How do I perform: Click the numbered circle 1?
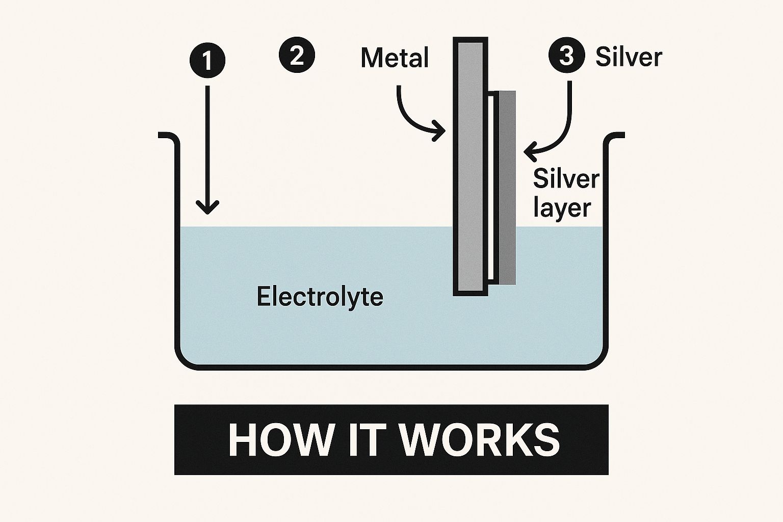tap(207, 61)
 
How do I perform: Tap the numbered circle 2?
tap(297, 55)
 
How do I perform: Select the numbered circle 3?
tap(566, 56)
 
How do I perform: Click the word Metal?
tap(395, 58)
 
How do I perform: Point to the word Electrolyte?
tap(320, 297)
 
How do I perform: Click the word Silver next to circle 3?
tap(629, 57)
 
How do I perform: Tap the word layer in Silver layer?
tap(562, 208)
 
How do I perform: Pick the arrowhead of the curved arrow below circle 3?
tap(530, 150)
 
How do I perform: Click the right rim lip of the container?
tap(615, 136)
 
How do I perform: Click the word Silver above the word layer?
tap(566, 179)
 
